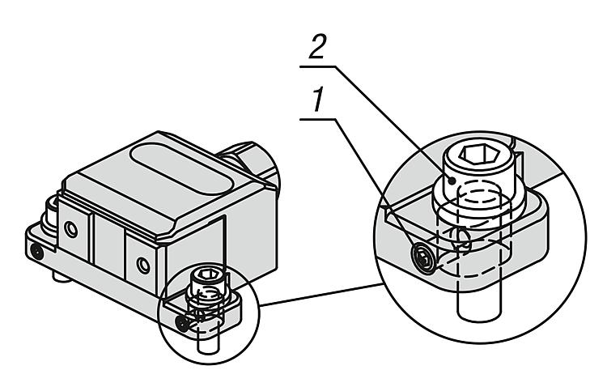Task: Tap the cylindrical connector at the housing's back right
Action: coord(253,162)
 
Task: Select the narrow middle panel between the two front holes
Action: coord(107,247)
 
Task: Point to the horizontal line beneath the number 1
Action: coord(324,117)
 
